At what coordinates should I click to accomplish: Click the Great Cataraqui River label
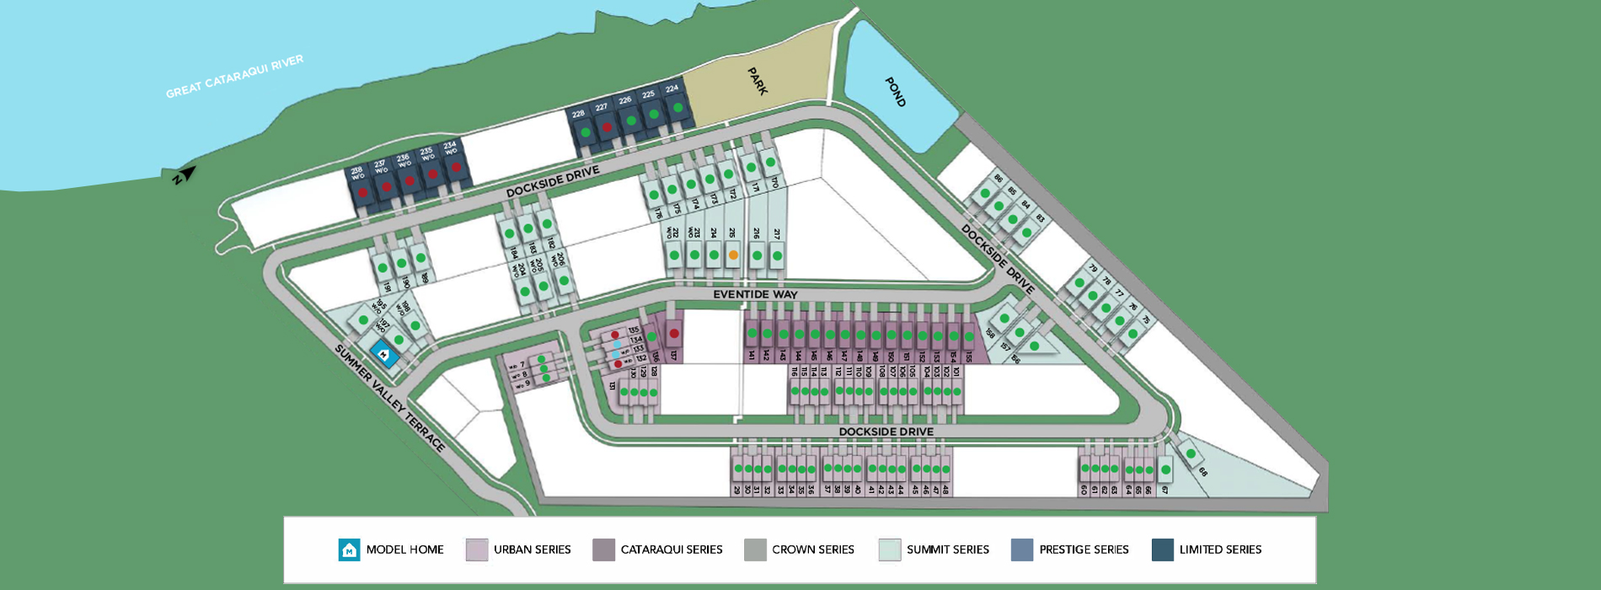[x=234, y=77]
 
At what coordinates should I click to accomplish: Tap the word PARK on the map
[x=758, y=82]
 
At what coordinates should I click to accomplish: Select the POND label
[x=895, y=92]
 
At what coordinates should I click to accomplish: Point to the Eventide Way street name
[x=755, y=294]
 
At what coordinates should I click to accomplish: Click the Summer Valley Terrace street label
[x=389, y=398]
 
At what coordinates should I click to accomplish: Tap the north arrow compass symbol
[x=185, y=175]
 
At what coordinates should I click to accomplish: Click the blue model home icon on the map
[x=385, y=355]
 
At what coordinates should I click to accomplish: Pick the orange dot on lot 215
[x=733, y=255]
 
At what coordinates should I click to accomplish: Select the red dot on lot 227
[x=606, y=128]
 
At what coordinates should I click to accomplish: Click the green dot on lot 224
[x=677, y=108]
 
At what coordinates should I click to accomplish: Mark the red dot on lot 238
[x=362, y=192]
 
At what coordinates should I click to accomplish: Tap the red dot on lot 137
[x=674, y=334]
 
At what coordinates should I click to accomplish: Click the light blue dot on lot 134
[x=617, y=345]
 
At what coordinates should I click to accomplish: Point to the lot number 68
[x=1202, y=472]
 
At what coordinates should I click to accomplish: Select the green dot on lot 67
[x=1165, y=469]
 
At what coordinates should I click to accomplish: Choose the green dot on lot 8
[x=543, y=369]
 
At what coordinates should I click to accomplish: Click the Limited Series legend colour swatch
[x=1163, y=550]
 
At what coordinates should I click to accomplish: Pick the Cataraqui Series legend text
[x=672, y=550]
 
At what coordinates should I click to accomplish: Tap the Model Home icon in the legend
[x=349, y=550]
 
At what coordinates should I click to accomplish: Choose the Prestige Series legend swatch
[x=1022, y=550]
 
